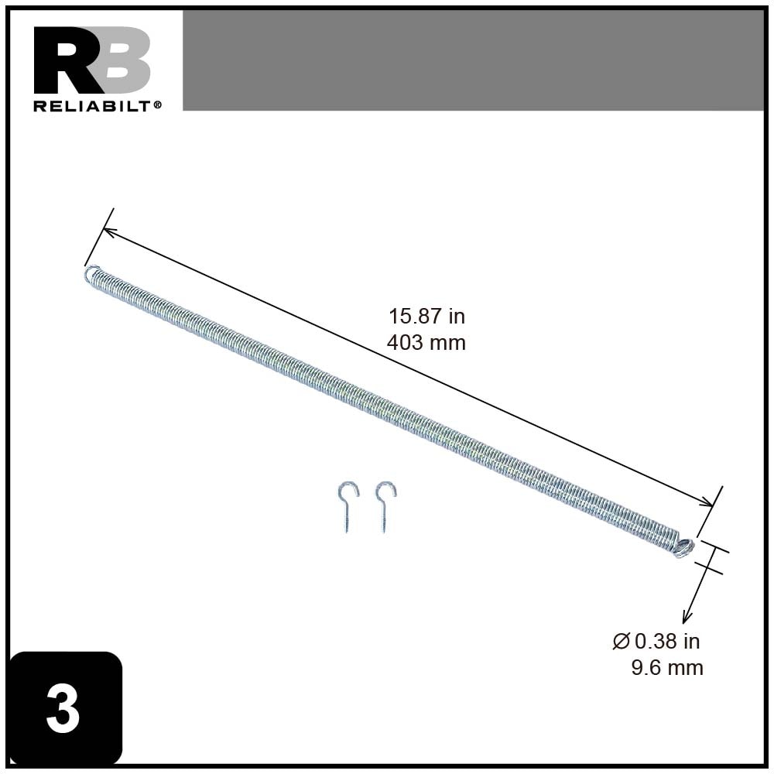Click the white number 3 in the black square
pos(63,710)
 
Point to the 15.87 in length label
pos(426,317)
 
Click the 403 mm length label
pos(426,342)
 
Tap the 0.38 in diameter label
pos(666,641)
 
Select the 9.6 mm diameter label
pos(667,667)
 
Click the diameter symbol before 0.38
pos(620,641)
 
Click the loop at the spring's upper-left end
pos(91,272)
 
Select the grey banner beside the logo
pos(473,60)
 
